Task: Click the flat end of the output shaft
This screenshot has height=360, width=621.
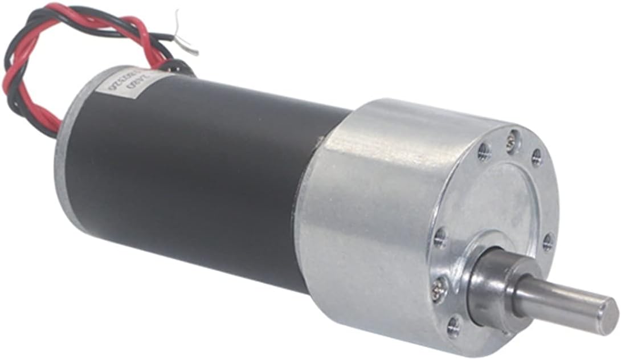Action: coord(609,314)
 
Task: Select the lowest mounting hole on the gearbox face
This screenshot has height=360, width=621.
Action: coord(454,326)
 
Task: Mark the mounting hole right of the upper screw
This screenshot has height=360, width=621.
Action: coord(537,157)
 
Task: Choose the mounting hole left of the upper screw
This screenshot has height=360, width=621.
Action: coord(484,150)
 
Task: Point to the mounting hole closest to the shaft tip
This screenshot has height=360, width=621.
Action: coord(548,242)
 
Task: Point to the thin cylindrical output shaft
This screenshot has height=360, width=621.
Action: coord(564,302)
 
